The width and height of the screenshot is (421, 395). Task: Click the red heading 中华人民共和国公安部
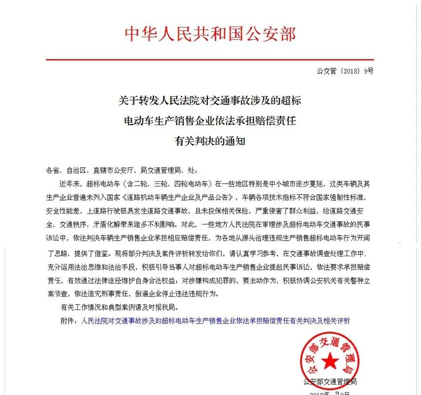(x=210, y=34)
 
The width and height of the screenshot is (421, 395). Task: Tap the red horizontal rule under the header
(x=210, y=60)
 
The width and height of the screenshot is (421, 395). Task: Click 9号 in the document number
(x=368, y=72)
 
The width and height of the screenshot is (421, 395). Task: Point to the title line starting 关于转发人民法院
(x=210, y=101)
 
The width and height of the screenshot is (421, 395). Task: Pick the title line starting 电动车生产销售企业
(x=210, y=121)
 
